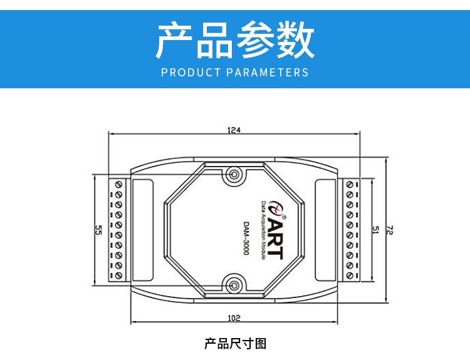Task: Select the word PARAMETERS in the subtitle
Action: (x=268, y=73)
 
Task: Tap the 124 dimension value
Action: (x=234, y=130)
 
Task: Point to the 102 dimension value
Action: (x=234, y=318)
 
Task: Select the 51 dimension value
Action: (x=375, y=230)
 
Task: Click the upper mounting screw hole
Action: (x=235, y=175)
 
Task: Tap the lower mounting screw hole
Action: (x=235, y=285)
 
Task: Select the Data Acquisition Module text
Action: (x=262, y=230)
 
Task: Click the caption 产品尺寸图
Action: (x=235, y=343)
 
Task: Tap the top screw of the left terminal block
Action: (x=118, y=185)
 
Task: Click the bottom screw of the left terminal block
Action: (x=118, y=275)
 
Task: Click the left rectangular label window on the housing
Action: (x=142, y=230)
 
